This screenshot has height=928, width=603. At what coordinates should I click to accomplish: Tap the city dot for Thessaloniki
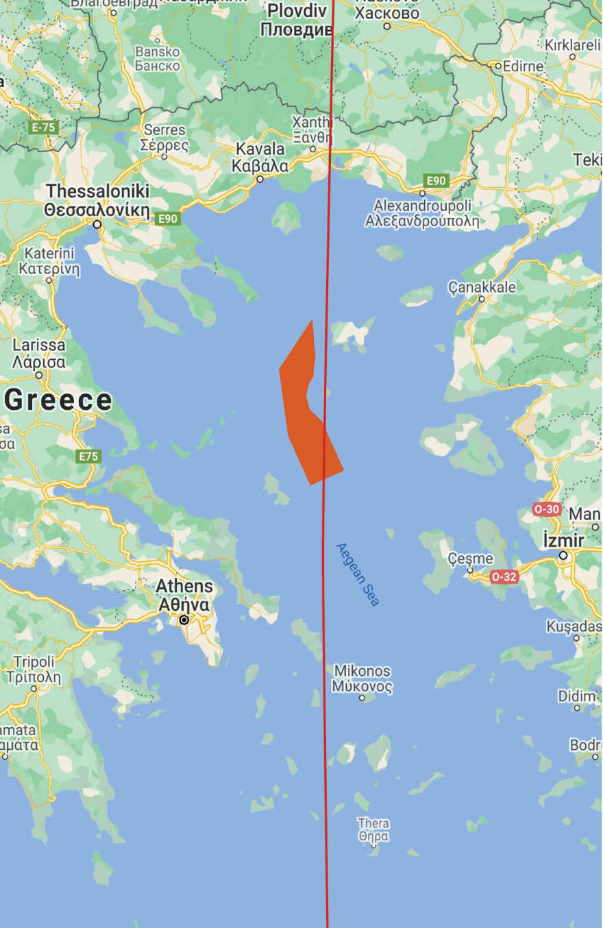pyautogui.click(x=97, y=224)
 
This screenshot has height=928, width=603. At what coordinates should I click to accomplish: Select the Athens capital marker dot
pyautogui.click(x=184, y=620)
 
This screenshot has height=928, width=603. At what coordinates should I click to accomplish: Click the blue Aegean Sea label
pyautogui.click(x=357, y=574)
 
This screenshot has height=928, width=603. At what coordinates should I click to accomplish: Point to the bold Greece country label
pyautogui.click(x=58, y=400)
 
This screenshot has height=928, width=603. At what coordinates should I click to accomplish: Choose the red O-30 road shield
pyautogui.click(x=547, y=509)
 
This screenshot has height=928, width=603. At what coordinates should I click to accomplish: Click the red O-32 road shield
pyautogui.click(x=504, y=577)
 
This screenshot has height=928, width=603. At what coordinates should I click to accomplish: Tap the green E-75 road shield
pyautogui.click(x=43, y=127)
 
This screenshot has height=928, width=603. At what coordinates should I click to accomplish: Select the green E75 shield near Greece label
pyautogui.click(x=89, y=456)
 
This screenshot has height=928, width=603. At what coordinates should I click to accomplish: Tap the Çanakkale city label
pyautogui.click(x=482, y=288)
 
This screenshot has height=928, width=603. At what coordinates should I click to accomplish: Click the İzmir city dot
pyautogui.click(x=563, y=556)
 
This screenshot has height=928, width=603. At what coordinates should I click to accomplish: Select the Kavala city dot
pyautogui.click(x=260, y=179)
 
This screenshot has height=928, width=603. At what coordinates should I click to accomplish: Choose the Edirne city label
pyautogui.click(x=523, y=66)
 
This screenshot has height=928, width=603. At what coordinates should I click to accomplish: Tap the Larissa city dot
pyautogui.click(x=39, y=375)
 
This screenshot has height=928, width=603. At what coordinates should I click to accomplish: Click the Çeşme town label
pyautogui.click(x=470, y=559)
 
